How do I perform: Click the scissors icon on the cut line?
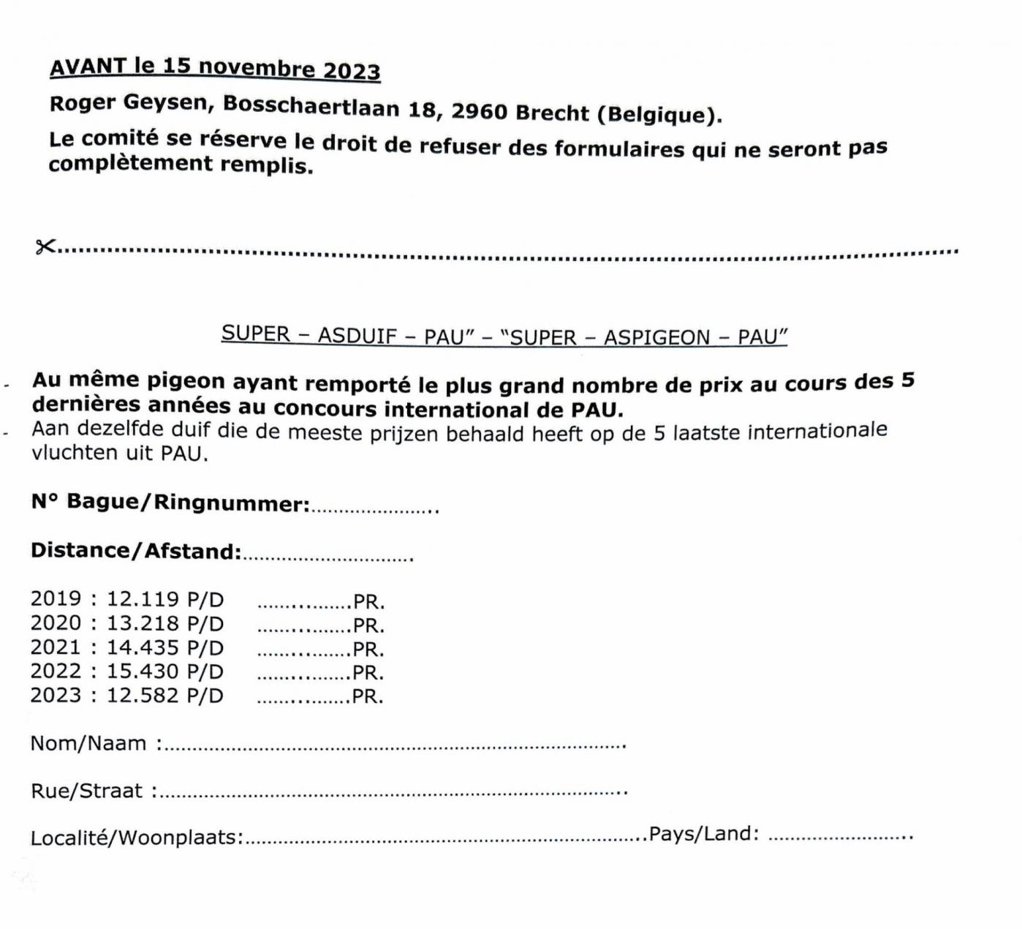45,247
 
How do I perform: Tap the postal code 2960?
479,111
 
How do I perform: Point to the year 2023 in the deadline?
352,71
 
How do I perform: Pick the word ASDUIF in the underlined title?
357,336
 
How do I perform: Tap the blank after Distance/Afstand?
328,558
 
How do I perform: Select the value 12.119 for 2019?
143,599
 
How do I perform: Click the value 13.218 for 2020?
143,623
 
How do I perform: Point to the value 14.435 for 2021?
143,647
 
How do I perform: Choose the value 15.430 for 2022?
143,671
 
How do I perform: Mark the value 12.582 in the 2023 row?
143,695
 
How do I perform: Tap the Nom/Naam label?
88,743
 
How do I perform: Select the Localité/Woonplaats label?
136,838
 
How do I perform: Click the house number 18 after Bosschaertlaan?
422,109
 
